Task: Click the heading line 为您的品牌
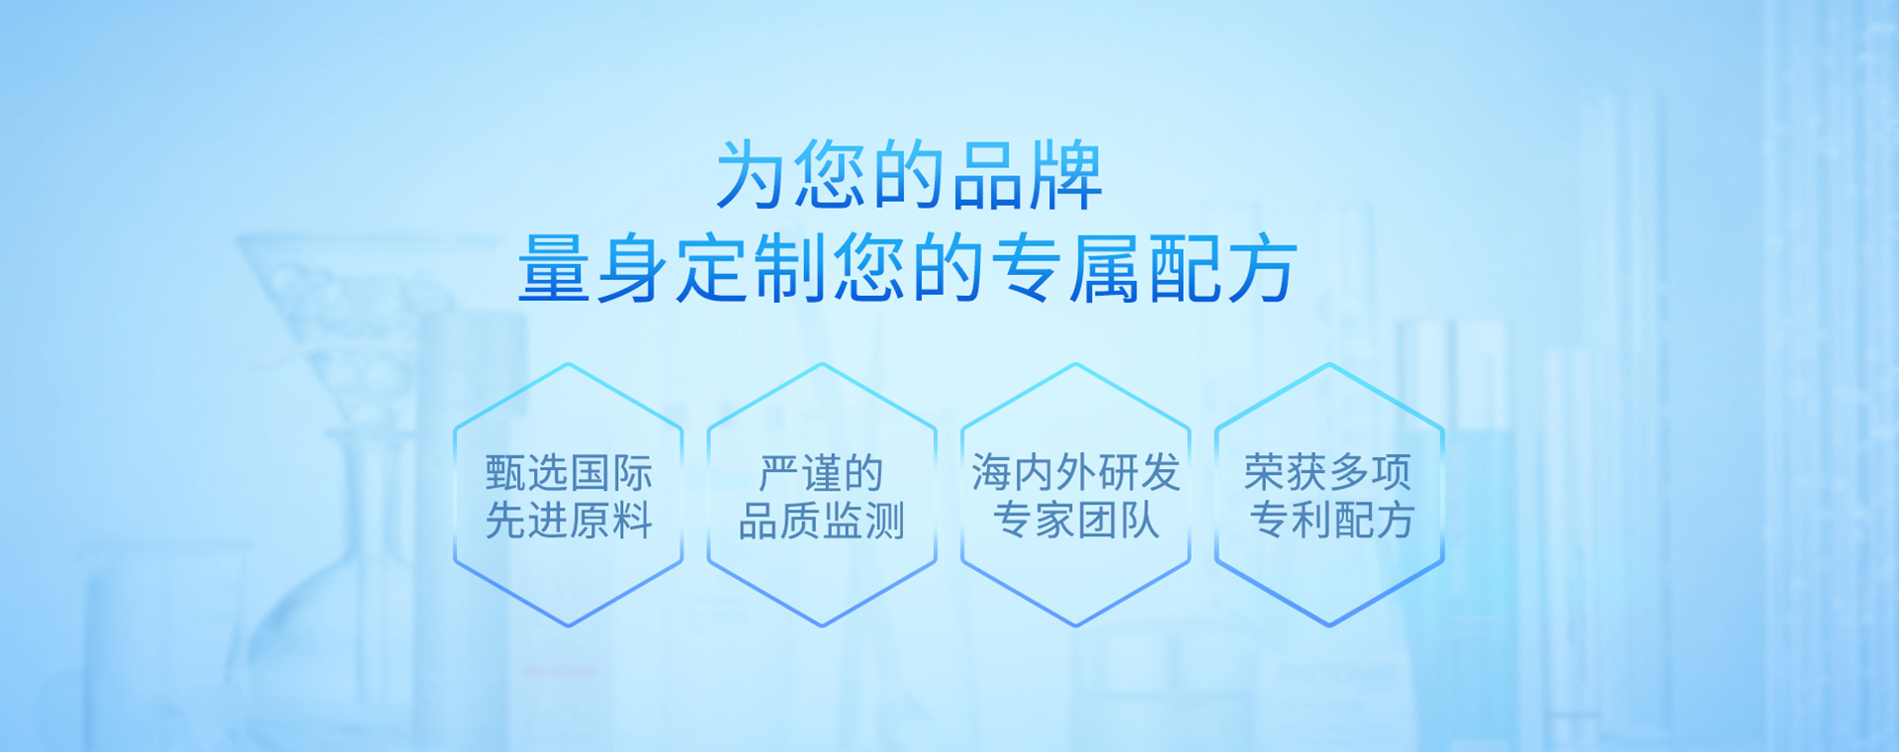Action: tap(909, 175)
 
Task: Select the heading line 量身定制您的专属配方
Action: tap(908, 268)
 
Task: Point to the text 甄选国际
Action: tap(569, 473)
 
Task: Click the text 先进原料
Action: tap(569, 520)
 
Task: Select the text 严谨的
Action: tap(821, 473)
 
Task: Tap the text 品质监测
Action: tap(822, 520)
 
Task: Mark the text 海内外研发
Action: tap(1075, 472)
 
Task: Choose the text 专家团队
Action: tap(1075, 519)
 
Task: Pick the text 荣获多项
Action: tap(1328, 472)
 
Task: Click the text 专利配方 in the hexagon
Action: tap(1331, 519)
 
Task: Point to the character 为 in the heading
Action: tap(751, 175)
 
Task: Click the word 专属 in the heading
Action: tap(1066, 268)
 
